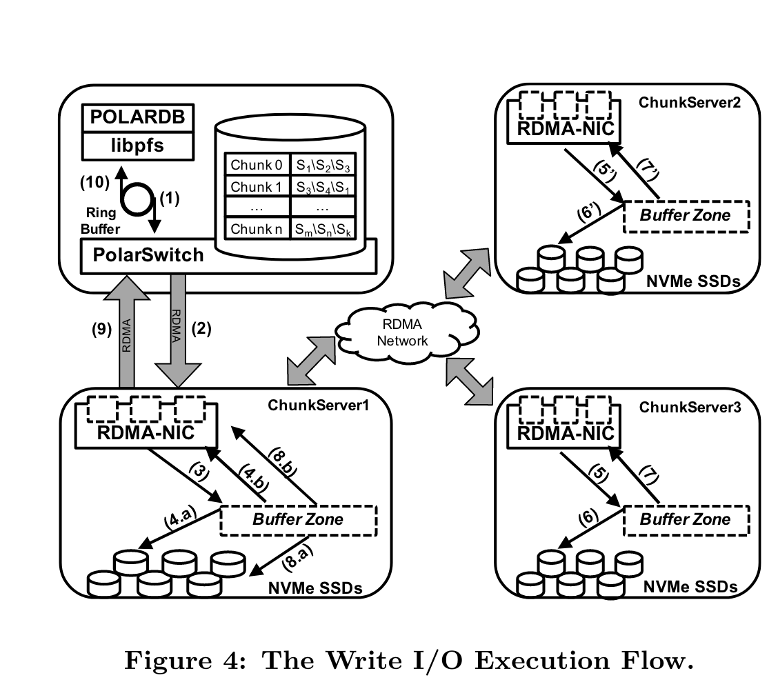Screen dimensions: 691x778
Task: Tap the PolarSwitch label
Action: pos(143,254)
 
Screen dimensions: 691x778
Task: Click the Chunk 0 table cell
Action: pos(257,166)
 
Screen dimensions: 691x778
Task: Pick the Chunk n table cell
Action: pos(257,229)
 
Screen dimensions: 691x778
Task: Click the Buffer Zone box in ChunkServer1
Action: pos(298,520)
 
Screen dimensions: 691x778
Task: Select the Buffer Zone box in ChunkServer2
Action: pos(685,215)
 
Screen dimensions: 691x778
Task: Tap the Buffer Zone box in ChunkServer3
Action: pos(685,520)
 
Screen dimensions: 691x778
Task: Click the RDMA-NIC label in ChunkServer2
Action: pos(561,129)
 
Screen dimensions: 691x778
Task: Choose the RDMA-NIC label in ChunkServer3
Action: pos(561,432)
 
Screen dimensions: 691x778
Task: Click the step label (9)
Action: pos(102,330)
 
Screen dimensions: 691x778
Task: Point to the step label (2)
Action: pos(201,330)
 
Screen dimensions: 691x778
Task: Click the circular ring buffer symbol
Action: pos(137,199)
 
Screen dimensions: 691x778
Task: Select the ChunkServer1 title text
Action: pos(319,405)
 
